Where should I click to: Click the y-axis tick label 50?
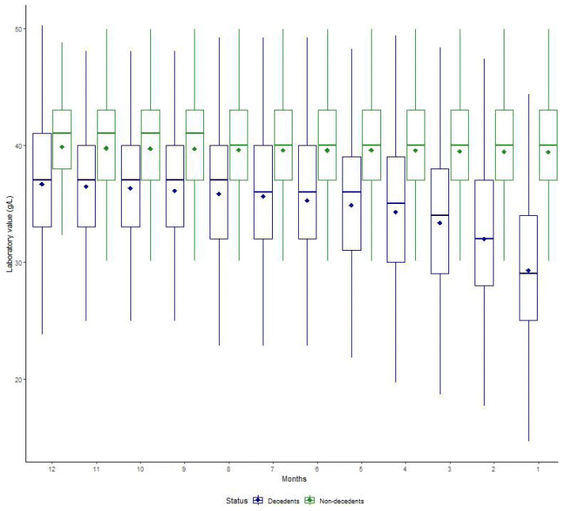[19, 28]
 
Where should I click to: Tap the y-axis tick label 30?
[19, 263]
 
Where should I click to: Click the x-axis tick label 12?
[52, 469]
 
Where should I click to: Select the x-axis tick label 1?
[538, 469]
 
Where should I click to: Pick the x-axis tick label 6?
[317, 469]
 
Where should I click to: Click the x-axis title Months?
[294, 479]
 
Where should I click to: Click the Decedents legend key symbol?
[258, 501]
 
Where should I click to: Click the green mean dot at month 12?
[62, 146]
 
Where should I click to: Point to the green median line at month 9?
[195, 133]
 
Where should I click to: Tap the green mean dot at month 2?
[504, 152]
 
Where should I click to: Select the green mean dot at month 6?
[327, 150]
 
